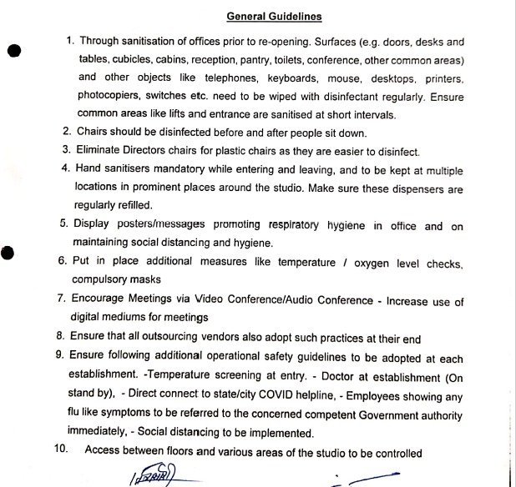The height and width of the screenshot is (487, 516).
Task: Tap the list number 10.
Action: (x=60, y=452)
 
